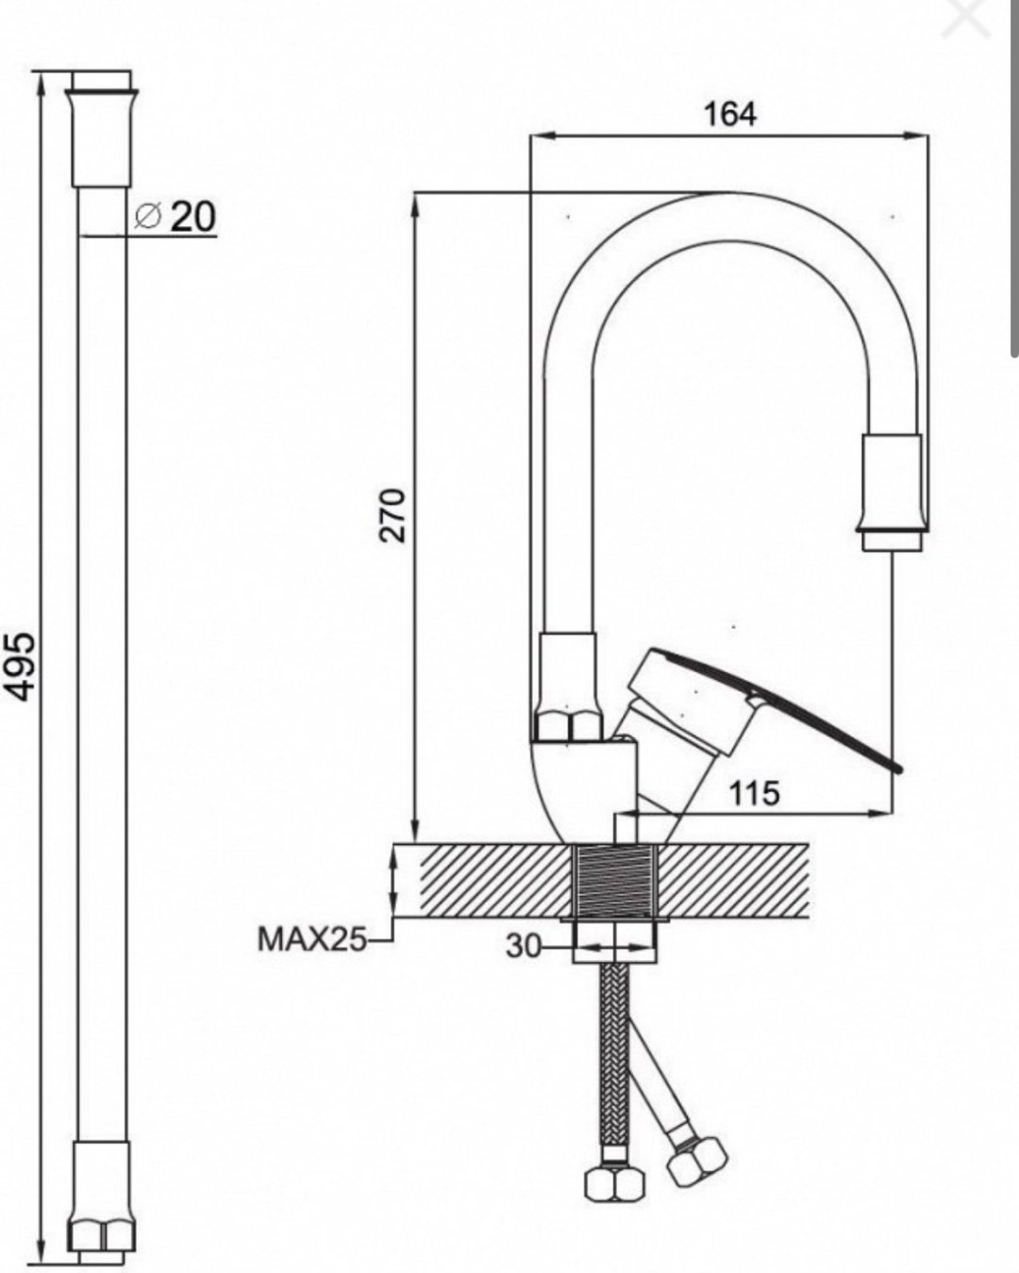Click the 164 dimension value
point(730,114)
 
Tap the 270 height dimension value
point(393,515)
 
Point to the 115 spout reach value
point(754,794)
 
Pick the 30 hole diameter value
point(523,947)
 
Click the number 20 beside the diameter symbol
point(193,217)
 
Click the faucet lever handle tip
point(897,769)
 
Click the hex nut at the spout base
point(567,727)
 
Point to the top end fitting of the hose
point(101,138)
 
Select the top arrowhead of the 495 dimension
point(41,87)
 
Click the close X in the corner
point(966,18)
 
